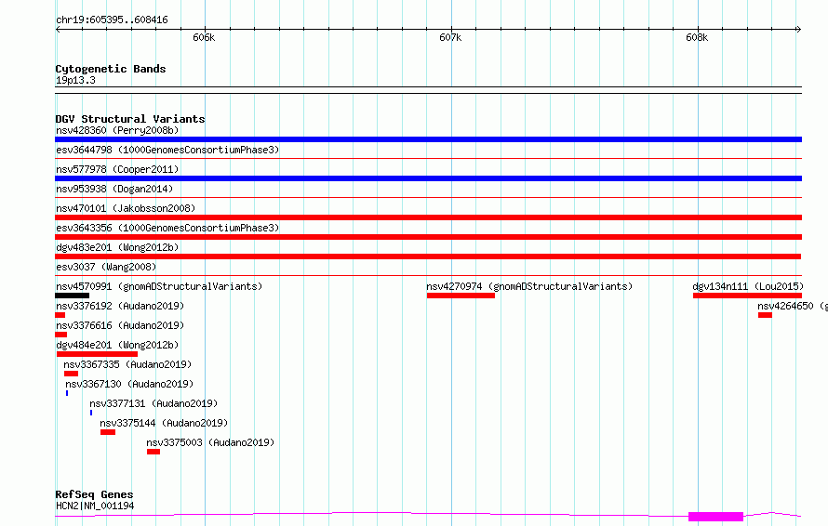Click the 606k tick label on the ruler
point(204,37)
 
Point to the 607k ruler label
point(450,37)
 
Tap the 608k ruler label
point(697,37)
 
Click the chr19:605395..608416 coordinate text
point(112,20)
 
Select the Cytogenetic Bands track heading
point(111,69)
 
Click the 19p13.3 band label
point(75,80)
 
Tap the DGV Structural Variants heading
point(130,119)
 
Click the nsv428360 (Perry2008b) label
point(117,130)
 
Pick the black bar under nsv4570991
point(72,296)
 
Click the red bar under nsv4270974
point(461,296)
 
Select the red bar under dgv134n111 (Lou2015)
point(747,296)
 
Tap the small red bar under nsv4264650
point(765,315)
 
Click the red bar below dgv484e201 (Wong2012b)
point(97,354)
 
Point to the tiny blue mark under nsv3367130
point(67,393)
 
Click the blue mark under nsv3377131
point(91,413)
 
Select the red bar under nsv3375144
point(108,432)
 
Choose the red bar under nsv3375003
point(154,452)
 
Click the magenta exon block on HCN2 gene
point(715,517)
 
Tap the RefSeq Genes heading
point(94,494)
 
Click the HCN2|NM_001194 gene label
point(95,506)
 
